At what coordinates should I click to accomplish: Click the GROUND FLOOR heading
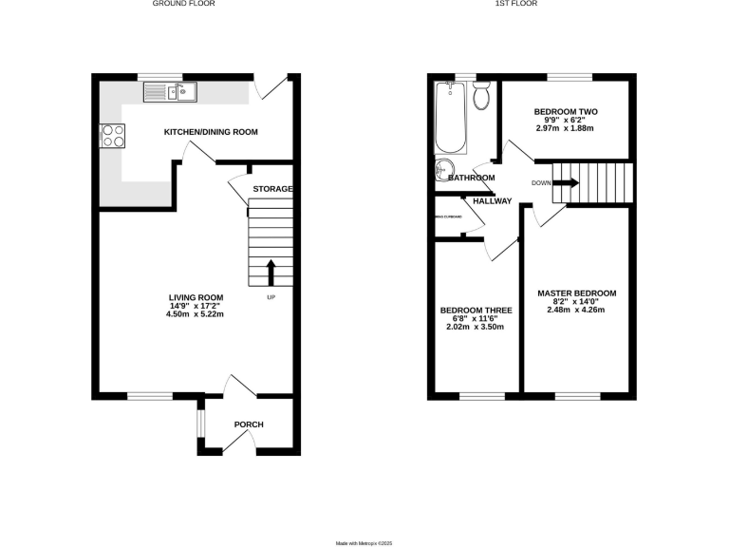click(x=184, y=4)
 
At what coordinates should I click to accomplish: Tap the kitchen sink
click(x=170, y=92)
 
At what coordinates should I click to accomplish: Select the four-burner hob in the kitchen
click(x=112, y=137)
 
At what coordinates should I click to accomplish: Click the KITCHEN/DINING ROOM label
click(x=211, y=132)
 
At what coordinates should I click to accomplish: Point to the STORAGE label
click(x=272, y=189)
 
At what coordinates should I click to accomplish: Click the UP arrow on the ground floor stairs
click(x=271, y=273)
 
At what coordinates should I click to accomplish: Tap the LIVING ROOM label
click(x=196, y=298)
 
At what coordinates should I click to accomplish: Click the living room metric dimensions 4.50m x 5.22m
click(x=196, y=313)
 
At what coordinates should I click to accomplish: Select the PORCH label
click(x=249, y=424)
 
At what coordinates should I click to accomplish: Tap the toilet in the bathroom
click(x=481, y=96)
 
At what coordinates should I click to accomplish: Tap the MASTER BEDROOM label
click(x=577, y=293)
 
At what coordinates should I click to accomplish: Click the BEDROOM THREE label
click(x=477, y=311)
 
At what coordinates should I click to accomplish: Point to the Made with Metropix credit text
click(x=364, y=542)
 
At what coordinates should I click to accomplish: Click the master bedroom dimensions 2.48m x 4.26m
click(x=577, y=310)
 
